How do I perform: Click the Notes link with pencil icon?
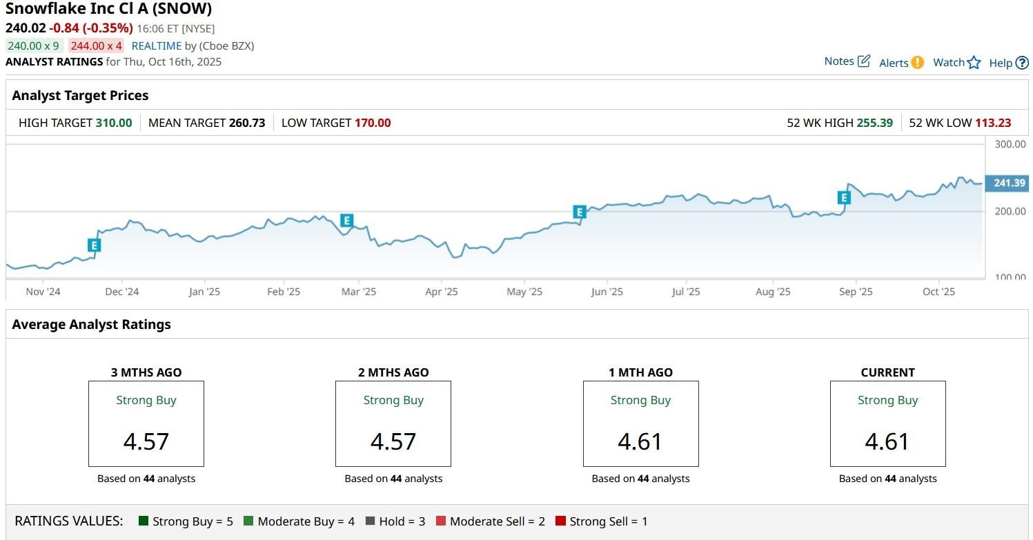pos(847,61)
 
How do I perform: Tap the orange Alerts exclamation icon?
pos(917,62)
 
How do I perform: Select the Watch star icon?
pos(974,63)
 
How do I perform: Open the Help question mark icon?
pos(1022,63)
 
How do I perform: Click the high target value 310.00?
pos(114,123)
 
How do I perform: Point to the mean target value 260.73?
pos(247,123)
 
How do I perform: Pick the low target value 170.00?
pos(373,123)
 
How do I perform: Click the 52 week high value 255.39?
pos(874,123)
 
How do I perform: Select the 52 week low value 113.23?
pos(992,123)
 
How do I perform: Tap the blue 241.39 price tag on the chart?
pos(1008,183)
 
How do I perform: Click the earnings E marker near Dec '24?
pos(95,245)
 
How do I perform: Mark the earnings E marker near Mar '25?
pos(346,221)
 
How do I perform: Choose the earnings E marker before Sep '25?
pos(843,198)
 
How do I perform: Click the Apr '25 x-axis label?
pos(442,292)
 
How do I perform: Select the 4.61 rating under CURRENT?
pos(887,441)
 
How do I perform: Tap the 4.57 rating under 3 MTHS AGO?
pos(146,441)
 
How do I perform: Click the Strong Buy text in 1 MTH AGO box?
pos(640,400)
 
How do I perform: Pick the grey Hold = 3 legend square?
pos(370,521)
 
